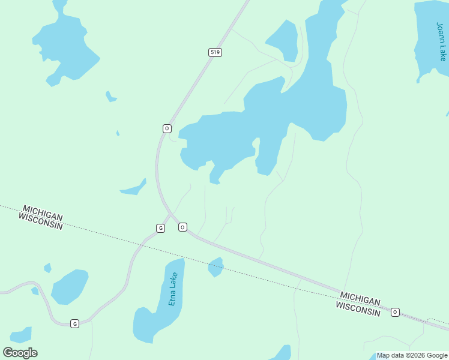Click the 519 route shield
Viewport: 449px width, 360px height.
(215, 53)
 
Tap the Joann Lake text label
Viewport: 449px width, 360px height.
(441, 41)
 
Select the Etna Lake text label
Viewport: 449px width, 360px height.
(173, 289)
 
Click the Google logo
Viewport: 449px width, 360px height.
(20, 352)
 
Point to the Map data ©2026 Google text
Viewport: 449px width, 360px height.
(412, 355)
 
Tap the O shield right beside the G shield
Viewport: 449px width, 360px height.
(182, 227)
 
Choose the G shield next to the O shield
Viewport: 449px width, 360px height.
(160, 228)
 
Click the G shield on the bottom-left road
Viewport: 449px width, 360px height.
(74, 323)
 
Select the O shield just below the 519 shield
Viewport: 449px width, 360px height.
(167, 128)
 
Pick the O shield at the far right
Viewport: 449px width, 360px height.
(395, 312)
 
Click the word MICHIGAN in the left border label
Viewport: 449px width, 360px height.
(42, 212)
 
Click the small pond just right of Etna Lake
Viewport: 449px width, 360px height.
(215, 266)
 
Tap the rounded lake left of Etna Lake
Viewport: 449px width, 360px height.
(70, 286)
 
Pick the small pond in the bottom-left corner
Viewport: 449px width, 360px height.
(22, 335)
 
